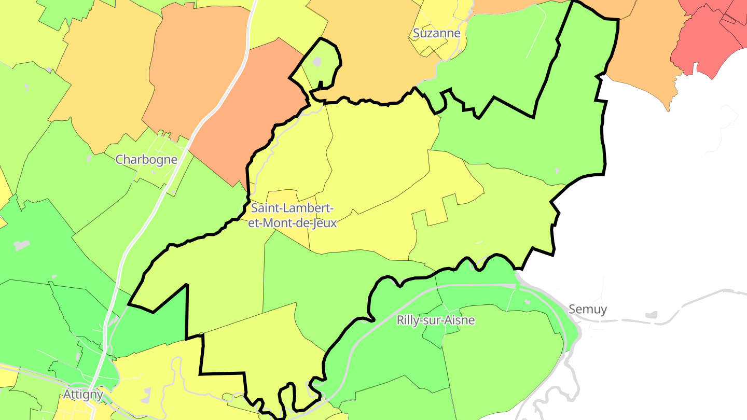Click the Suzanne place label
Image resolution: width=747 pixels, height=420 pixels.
pyautogui.click(x=436, y=33)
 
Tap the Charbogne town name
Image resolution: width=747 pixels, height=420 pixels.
pyautogui.click(x=146, y=159)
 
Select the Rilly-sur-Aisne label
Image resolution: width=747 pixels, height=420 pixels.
pyautogui.click(x=435, y=320)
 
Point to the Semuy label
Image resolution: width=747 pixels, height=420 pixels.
pyautogui.click(x=587, y=309)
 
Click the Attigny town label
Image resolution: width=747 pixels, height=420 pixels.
pyautogui.click(x=83, y=395)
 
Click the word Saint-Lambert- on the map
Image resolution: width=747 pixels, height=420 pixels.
pyautogui.click(x=292, y=208)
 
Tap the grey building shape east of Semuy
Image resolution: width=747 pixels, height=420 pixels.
pyautogui.click(x=651, y=315)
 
